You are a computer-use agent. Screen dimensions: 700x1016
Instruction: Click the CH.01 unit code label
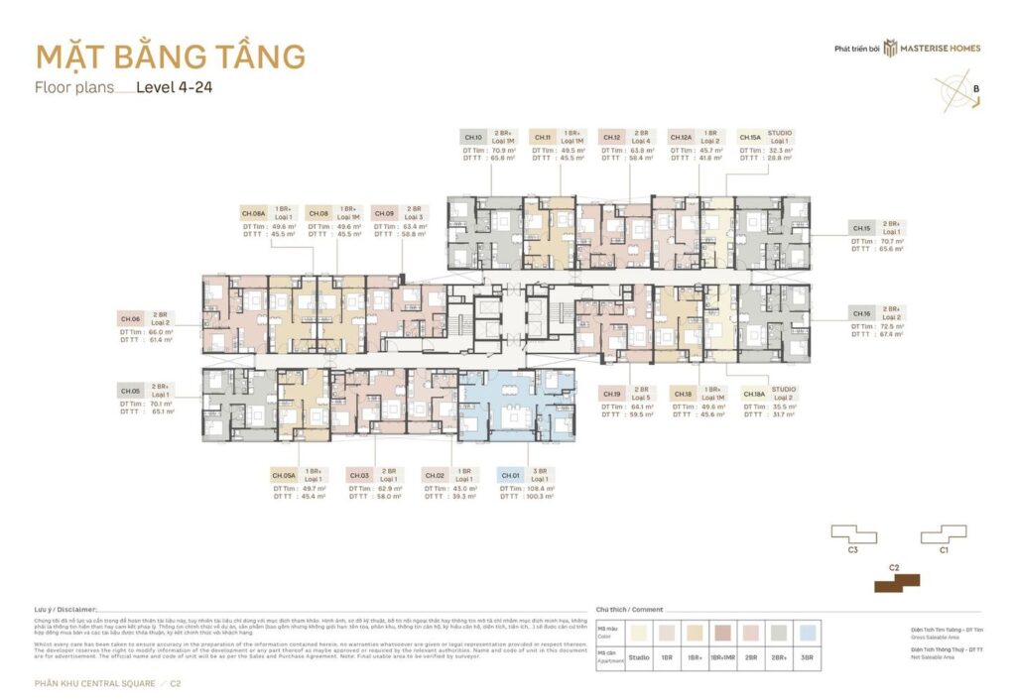pyautogui.click(x=511, y=475)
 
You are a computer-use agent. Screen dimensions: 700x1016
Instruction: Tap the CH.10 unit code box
pyautogui.click(x=473, y=138)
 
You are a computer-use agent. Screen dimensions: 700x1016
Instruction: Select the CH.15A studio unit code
pyautogui.click(x=750, y=138)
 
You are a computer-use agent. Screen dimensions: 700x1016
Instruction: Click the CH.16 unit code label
pyautogui.click(x=861, y=313)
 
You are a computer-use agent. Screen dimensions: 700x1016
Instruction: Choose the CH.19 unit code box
pyautogui.click(x=612, y=394)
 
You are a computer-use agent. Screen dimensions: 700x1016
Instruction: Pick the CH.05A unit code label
pyautogui.click(x=284, y=475)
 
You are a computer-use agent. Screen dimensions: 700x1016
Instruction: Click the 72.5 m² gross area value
pyautogui.click(x=890, y=325)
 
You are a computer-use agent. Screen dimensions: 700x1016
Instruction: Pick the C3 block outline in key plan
pyautogui.click(x=854, y=533)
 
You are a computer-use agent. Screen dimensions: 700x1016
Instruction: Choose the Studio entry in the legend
pyautogui.click(x=639, y=656)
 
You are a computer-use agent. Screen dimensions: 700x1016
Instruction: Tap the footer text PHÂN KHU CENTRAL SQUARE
pyautogui.click(x=92, y=683)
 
